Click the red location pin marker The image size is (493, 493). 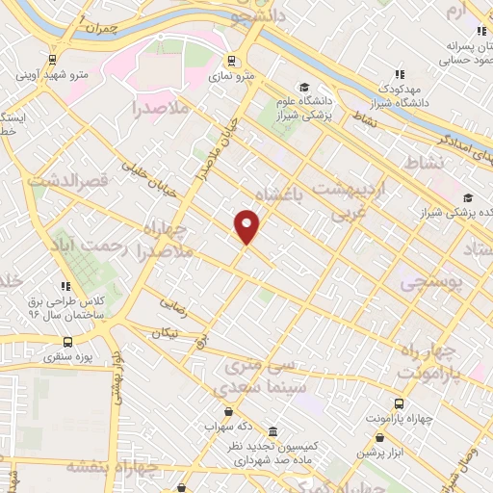[x=247, y=226]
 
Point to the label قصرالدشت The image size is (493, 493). [x=64, y=180]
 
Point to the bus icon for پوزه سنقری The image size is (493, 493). [x=67, y=342]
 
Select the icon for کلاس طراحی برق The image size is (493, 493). [x=65, y=286]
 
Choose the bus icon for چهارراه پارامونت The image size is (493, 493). [x=398, y=404]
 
